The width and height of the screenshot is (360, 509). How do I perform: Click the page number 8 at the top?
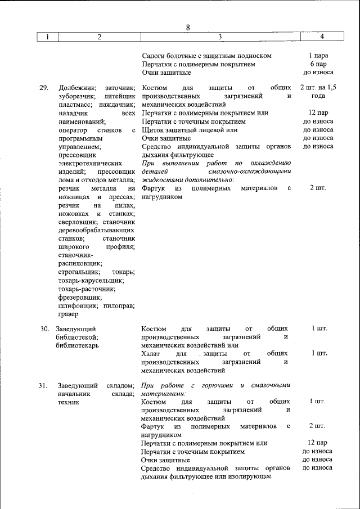188,28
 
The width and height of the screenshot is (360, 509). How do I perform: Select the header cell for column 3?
220,37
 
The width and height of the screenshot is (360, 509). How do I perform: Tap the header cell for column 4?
321,37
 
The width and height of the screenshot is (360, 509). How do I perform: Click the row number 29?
44,88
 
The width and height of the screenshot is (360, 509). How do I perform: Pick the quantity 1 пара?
318,56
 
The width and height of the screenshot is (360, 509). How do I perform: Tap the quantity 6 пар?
318,64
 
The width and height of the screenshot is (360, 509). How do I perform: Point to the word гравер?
68,314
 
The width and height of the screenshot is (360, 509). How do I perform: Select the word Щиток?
154,130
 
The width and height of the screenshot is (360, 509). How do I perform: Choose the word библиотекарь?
78,345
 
